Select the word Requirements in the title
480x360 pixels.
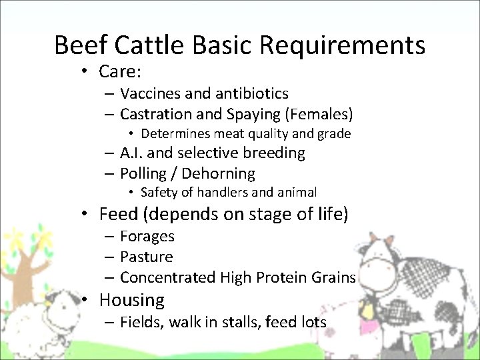[343, 45]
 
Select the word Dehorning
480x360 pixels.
[218, 174]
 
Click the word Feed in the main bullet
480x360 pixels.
[116, 214]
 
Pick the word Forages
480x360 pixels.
[147, 236]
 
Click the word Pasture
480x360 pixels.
[147, 257]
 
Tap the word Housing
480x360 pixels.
[131, 300]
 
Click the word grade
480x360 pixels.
[335, 134]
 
